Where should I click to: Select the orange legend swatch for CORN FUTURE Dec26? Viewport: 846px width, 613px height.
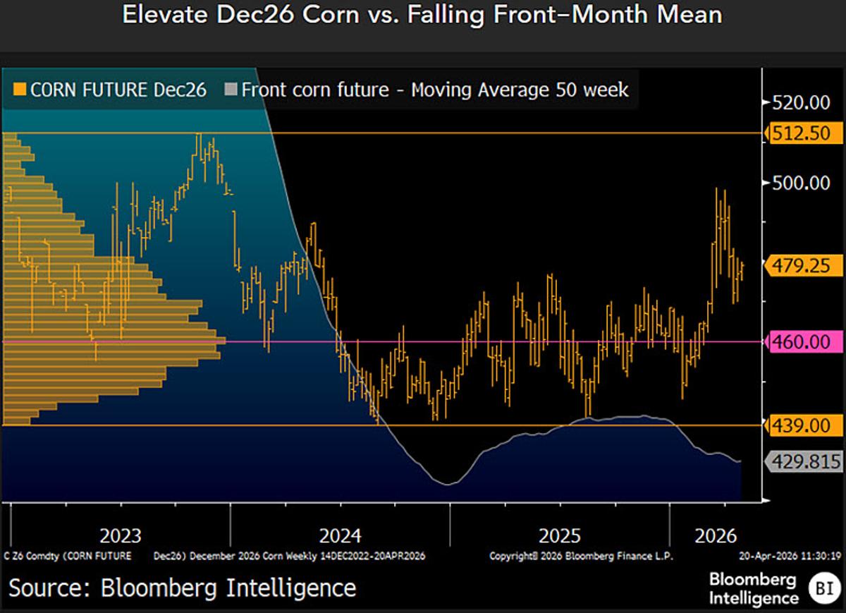tap(20, 90)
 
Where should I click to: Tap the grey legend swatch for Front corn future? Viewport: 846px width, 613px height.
tap(231, 90)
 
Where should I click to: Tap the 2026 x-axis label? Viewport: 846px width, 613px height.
tap(716, 534)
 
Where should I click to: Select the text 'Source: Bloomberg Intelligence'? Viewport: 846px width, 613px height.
tap(183, 588)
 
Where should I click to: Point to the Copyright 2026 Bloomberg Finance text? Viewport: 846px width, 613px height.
tap(581, 556)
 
